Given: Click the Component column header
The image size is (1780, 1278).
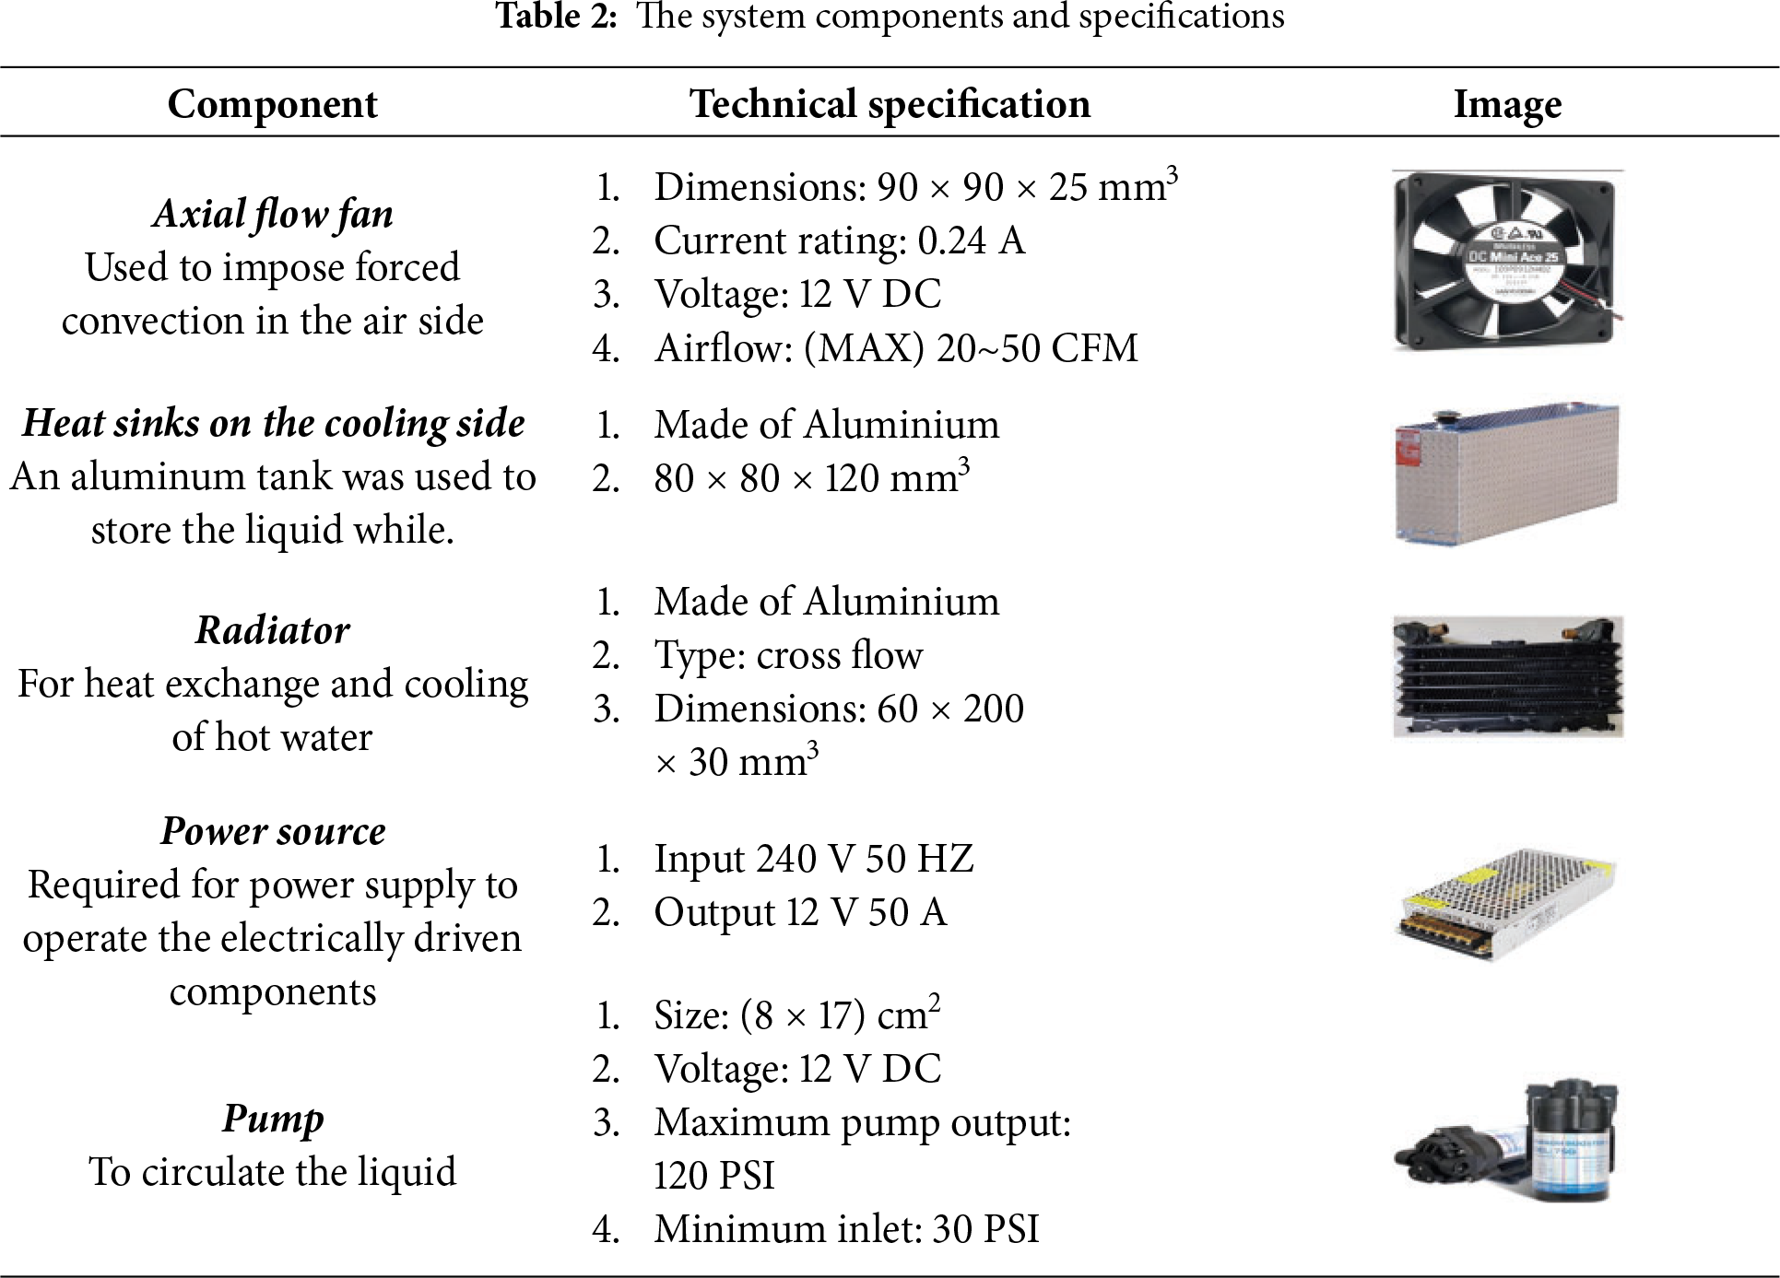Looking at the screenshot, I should click(272, 104).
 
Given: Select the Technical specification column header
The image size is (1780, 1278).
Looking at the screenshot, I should click(890, 104).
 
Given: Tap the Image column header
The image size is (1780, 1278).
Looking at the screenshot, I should click(1507, 104).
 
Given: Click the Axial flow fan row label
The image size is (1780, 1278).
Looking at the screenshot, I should click(273, 214).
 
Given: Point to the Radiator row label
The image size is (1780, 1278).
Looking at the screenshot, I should click(273, 630).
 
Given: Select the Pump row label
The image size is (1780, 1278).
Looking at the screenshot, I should click(273, 1119).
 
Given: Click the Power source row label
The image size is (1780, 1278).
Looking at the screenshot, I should click(273, 831).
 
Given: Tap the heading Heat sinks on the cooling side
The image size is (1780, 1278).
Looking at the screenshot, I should click(273, 423).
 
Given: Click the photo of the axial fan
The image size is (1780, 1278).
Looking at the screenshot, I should click(1507, 260).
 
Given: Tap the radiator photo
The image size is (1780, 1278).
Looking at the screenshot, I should click(1507, 676).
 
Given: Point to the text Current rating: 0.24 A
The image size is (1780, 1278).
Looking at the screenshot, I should click(839, 240).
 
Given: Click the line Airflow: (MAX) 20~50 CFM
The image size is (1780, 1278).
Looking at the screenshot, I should click(895, 348).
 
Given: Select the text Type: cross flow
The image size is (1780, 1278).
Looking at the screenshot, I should click(788, 655).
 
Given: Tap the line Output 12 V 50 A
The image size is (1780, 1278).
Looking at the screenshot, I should click(800, 912).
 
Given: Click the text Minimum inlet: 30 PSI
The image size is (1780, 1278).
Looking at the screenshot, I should click(846, 1229).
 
